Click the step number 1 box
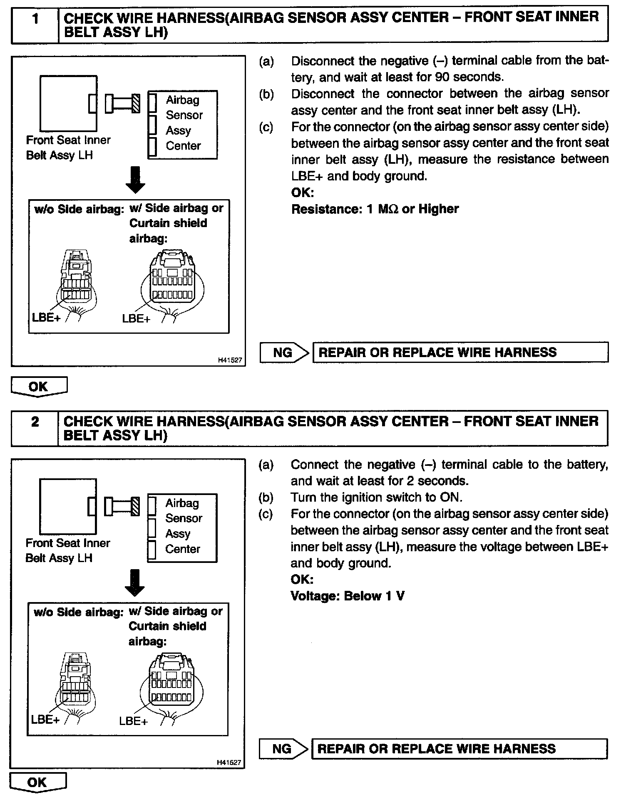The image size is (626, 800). click(x=35, y=25)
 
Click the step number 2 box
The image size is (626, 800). click(x=35, y=428)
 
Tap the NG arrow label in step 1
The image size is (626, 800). click(x=283, y=353)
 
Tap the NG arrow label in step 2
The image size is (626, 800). click(x=283, y=749)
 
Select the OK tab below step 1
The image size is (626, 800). click(x=38, y=386)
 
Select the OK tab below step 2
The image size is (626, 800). click(x=37, y=782)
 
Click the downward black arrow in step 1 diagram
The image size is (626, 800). click(x=135, y=180)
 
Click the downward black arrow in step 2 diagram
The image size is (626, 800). click(x=134, y=582)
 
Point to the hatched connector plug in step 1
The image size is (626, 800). click(x=136, y=103)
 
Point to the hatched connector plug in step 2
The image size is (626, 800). click(x=135, y=506)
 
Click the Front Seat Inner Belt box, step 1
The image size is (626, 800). click(x=68, y=103)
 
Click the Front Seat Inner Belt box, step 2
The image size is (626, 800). click(x=68, y=506)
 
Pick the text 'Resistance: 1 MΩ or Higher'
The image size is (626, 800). click(x=375, y=209)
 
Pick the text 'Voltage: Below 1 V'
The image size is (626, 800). click(x=348, y=596)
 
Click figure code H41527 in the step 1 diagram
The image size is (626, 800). click(x=230, y=360)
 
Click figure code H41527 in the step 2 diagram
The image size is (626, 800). click(x=229, y=762)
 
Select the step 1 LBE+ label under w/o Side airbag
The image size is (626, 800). click(x=46, y=317)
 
